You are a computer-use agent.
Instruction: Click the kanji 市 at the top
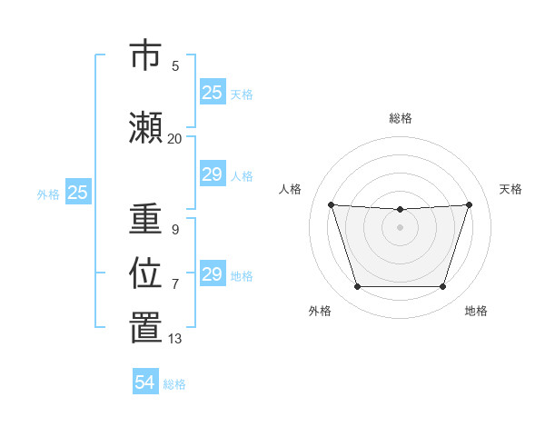tap(145, 55)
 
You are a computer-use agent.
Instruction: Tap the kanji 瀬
tap(145, 128)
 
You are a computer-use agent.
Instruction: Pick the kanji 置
tap(145, 328)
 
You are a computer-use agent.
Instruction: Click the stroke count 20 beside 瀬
tap(174, 139)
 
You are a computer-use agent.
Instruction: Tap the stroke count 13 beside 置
tap(174, 339)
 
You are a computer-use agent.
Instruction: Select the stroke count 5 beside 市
tap(174, 66)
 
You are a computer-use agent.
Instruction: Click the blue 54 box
tap(145, 382)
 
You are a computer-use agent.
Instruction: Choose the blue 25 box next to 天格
tap(212, 93)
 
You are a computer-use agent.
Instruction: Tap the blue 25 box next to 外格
tap(78, 193)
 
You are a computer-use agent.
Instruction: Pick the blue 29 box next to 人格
tap(212, 174)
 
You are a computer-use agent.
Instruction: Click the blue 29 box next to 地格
tap(212, 274)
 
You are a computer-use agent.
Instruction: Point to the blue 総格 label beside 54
tap(174, 384)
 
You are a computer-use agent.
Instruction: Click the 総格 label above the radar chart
tap(400, 118)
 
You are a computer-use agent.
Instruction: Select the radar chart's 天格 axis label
tap(510, 189)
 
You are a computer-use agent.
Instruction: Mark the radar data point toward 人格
tap(331, 204)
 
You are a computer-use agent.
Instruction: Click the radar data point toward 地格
tap(442, 287)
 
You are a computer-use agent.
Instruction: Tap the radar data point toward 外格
tap(357, 287)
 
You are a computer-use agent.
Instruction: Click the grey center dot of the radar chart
tap(400, 227)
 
